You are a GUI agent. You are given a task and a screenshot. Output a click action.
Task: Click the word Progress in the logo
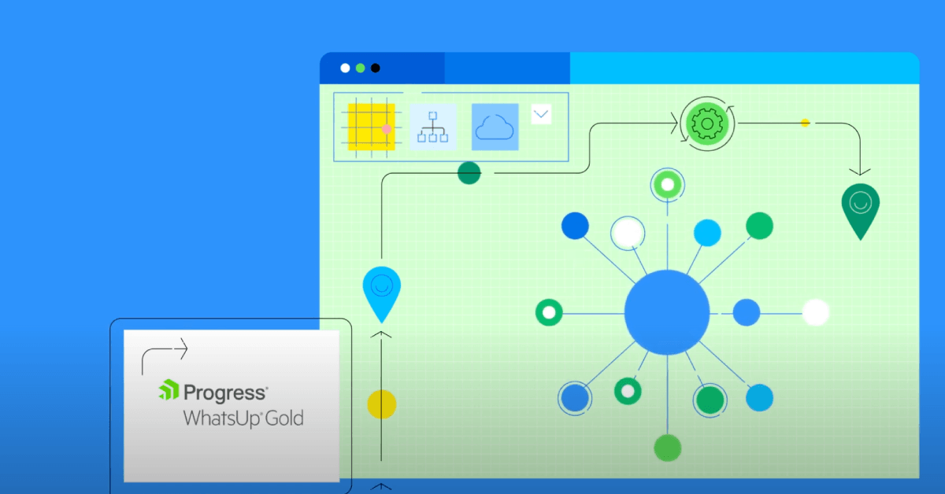(x=226, y=393)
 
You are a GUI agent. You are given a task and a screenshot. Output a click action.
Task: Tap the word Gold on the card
(x=284, y=418)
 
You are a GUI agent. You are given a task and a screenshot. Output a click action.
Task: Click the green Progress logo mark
(x=169, y=389)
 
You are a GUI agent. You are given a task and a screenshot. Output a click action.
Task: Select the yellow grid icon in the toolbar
(x=371, y=127)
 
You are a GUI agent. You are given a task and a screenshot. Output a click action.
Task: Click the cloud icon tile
(x=495, y=127)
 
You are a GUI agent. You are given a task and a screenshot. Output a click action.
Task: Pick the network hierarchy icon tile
(x=433, y=127)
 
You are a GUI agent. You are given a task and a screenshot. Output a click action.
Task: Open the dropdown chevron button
(x=541, y=114)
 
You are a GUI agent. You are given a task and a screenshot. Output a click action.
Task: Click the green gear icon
(x=707, y=124)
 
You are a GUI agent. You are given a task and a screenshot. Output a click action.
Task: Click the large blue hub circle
(x=667, y=312)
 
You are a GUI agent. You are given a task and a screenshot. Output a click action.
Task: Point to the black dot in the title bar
(x=375, y=68)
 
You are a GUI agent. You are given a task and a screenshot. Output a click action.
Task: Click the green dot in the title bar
(x=361, y=68)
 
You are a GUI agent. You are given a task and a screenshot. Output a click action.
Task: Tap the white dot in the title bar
(x=345, y=68)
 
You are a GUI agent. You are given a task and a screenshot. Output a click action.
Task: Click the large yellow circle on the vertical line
(x=382, y=404)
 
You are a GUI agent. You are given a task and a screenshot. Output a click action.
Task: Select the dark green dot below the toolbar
(x=469, y=173)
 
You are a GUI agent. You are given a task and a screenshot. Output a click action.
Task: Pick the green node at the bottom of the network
(x=668, y=448)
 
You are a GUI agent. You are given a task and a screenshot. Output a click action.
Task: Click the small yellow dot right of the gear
(x=805, y=123)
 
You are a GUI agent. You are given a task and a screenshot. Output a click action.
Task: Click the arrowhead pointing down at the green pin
(x=860, y=171)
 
